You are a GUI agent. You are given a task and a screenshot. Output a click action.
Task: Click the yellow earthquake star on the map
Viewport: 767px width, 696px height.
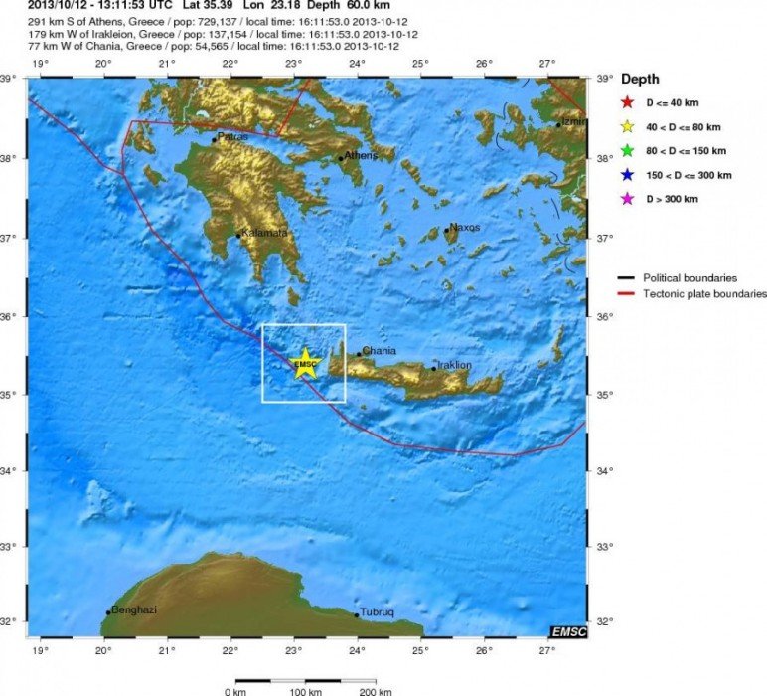[x=305, y=364]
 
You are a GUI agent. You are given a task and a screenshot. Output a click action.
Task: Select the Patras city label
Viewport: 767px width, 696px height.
[x=232, y=137]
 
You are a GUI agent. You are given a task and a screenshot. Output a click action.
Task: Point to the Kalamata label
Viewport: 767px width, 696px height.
[x=265, y=233]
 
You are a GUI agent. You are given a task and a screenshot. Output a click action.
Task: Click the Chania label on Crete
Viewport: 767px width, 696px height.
[x=380, y=350]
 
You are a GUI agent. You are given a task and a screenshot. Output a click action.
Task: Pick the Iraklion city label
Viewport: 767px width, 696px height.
[x=453, y=365]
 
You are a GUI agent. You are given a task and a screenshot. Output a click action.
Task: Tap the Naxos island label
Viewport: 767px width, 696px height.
[x=465, y=227]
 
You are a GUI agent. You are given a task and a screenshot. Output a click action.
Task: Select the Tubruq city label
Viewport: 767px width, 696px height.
[x=377, y=612]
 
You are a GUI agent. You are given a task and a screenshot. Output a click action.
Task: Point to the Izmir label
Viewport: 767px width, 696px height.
[x=574, y=121]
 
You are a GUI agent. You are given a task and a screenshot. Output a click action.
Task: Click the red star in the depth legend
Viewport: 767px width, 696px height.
[x=627, y=102]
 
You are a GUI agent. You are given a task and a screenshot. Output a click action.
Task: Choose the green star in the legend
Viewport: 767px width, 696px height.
[x=627, y=151]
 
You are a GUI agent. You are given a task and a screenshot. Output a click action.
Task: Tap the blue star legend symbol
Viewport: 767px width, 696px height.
[x=627, y=175]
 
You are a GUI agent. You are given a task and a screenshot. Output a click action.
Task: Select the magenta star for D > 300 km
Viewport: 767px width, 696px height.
[x=627, y=200]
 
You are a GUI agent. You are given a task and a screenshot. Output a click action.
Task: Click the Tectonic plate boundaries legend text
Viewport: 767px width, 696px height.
[x=704, y=293]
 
